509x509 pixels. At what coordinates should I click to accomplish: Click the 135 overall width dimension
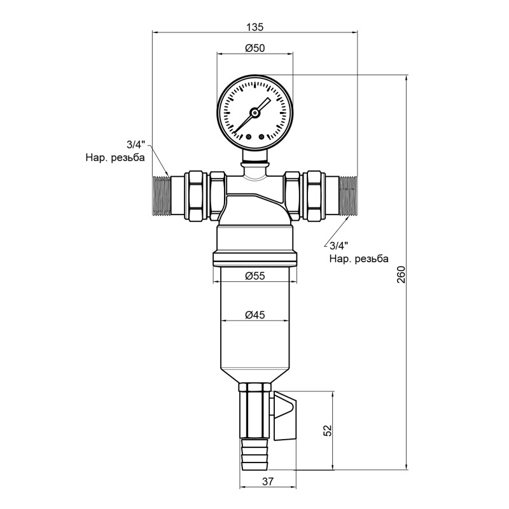[x=254, y=27]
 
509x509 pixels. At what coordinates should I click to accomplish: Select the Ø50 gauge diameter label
[x=254, y=48]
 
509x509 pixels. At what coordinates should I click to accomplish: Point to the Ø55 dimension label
[x=254, y=275]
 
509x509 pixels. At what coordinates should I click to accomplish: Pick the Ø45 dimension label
[x=254, y=315]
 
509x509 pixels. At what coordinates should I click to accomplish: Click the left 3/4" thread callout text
[x=135, y=146]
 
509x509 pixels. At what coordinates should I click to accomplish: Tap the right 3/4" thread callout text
[x=339, y=247]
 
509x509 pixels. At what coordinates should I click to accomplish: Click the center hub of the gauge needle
[x=254, y=113]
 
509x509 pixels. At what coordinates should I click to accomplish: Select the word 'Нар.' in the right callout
[x=340, y=259]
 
